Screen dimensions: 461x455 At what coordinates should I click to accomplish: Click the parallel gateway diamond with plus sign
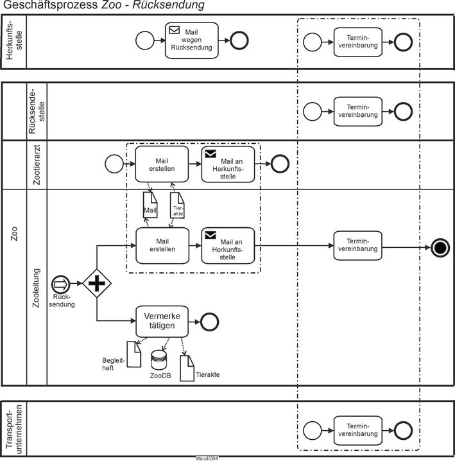97,283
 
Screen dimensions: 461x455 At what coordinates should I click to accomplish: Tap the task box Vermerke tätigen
162,321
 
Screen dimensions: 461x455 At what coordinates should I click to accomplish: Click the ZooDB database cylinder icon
159,360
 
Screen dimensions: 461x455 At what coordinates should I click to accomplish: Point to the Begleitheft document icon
133,354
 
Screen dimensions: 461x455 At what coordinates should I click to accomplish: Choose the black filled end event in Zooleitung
440,247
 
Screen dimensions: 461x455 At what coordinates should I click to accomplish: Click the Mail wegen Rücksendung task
191,40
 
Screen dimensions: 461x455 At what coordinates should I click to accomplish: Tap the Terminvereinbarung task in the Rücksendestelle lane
357,110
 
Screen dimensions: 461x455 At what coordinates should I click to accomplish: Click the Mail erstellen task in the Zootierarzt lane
162,163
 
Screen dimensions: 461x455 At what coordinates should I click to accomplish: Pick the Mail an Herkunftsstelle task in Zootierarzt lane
228,163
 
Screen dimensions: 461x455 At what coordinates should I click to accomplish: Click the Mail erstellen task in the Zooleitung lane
162,245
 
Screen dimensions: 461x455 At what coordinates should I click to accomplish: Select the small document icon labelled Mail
150,205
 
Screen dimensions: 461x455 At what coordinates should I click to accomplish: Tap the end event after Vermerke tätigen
210,321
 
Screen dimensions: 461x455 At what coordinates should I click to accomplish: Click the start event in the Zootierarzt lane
113,164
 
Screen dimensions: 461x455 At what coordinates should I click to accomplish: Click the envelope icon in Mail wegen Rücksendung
174,30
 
